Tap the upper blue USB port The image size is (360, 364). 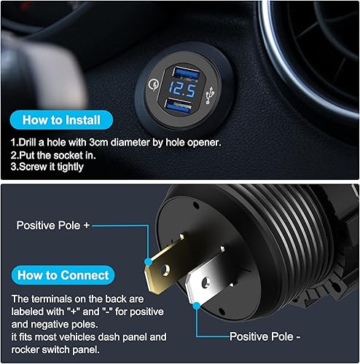187,74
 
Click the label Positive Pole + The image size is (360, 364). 53,226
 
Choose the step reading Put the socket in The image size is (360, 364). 53,156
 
